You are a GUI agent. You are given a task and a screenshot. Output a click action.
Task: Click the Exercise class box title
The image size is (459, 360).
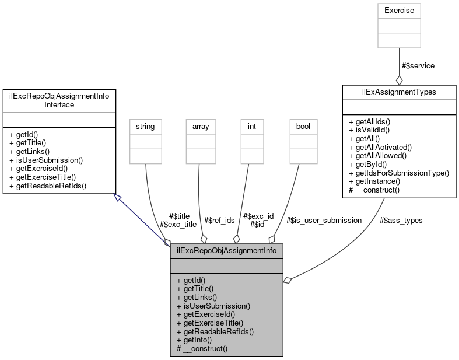(399, 11)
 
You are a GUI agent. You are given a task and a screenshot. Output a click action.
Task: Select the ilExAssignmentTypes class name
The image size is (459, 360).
(399, 92)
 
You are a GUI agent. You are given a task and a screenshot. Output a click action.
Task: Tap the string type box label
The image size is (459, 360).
(145, 125)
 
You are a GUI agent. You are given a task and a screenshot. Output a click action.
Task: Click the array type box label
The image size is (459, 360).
(201, 125)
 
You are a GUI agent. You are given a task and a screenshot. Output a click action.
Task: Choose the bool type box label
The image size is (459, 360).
(303, 125)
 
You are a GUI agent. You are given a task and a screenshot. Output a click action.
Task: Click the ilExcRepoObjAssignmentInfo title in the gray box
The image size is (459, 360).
(227, 251)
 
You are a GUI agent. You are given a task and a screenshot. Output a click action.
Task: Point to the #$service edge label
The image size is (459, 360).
(418, 65)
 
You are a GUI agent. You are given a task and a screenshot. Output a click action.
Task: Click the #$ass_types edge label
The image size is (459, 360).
(401, 220)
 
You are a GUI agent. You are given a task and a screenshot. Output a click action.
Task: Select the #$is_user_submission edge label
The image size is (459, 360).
(324, 220)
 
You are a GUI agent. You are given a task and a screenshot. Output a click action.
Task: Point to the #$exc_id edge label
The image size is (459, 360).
(258, 215)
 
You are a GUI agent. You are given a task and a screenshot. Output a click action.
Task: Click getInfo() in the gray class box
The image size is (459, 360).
(197, 340)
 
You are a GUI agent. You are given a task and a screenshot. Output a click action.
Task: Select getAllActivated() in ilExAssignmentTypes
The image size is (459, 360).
(383, 148)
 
